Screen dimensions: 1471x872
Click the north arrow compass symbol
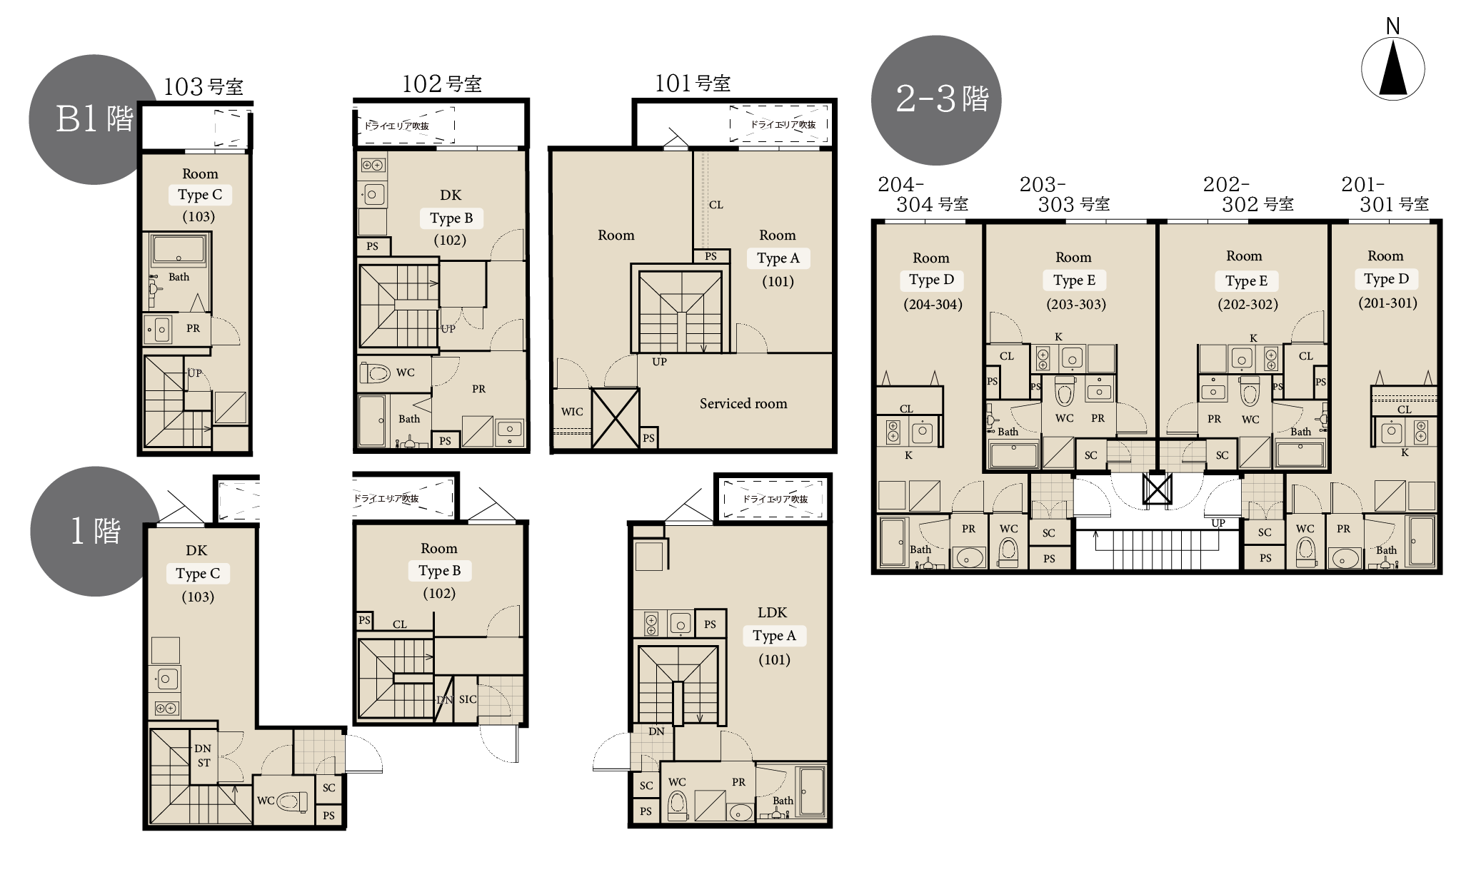pos(1392,69)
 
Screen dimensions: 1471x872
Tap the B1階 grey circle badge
pos(94,119)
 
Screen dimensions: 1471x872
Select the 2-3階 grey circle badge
pos(936,100)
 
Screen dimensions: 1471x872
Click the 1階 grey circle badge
pos(95,531)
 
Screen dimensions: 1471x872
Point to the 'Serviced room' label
pos(743,403)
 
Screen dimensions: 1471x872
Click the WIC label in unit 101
pos(572,411)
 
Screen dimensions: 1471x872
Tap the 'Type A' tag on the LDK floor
pos(774,636)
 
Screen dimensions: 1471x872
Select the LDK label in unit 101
pos(773,612)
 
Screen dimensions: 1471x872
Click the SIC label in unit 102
pos(468,699)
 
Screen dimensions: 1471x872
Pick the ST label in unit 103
pos(204,763)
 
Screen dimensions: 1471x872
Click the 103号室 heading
pos(204,87)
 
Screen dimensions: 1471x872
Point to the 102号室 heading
pos(441,84)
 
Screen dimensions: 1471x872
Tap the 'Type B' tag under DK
pos(451,218)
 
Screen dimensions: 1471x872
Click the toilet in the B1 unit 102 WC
pos(376,372)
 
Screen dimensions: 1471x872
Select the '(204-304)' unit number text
pos(933,305)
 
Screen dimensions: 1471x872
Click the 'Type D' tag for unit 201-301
pos(1386,279)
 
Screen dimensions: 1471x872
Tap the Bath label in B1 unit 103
pos(179,277)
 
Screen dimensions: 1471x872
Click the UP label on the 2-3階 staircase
pos(1218,523)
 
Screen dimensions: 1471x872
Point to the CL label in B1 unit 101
pos(716,205)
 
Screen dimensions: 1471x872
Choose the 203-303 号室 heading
pos(1065,194)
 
